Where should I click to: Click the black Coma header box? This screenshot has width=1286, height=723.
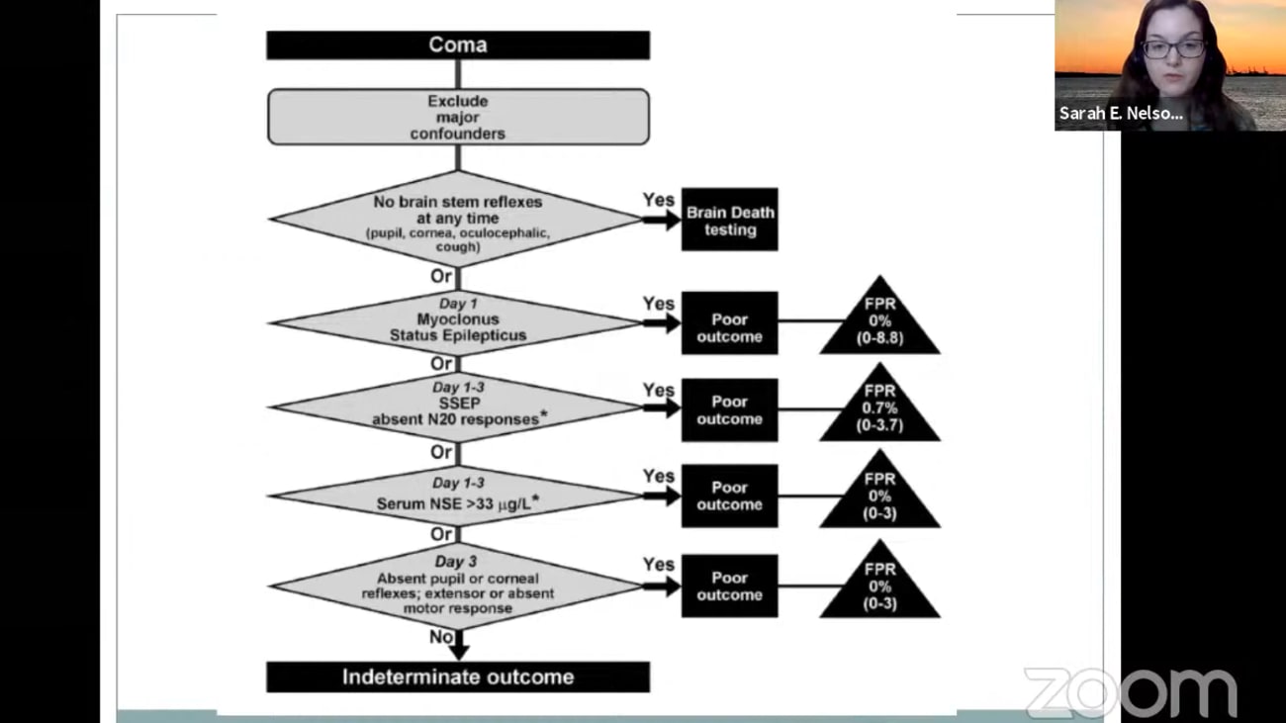[457, 45]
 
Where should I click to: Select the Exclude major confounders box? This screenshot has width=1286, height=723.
[457, 117]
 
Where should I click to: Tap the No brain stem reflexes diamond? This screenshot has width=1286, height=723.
[457, 220]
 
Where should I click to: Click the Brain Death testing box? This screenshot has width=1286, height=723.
[729, 221]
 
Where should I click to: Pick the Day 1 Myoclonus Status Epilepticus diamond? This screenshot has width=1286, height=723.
[457, 321]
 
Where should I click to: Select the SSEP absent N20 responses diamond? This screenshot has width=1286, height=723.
[457, 406]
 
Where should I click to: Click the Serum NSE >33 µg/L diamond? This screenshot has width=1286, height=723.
[457, 496]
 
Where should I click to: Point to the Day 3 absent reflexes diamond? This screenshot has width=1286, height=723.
[457, 587]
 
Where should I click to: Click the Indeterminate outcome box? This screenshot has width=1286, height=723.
[457, 678]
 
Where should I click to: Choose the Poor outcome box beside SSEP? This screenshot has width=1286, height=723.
[729, 410]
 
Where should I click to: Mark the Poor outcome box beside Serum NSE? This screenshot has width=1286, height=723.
[729, 496]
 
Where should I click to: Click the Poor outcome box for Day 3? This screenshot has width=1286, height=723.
[729, 587]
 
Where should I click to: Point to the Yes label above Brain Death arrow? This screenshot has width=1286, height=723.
[658, 200]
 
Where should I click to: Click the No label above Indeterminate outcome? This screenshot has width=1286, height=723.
[441, 637]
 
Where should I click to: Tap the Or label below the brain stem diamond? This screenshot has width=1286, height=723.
[441, 276]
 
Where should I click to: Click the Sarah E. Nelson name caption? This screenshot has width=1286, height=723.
[1121, 114]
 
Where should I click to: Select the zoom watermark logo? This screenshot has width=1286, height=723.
[1130, 691]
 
